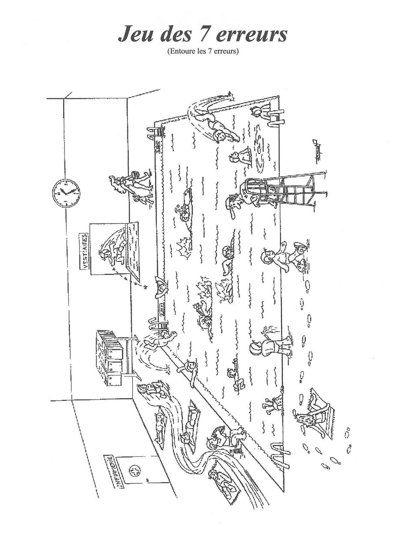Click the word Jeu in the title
[x=135, y=34]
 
